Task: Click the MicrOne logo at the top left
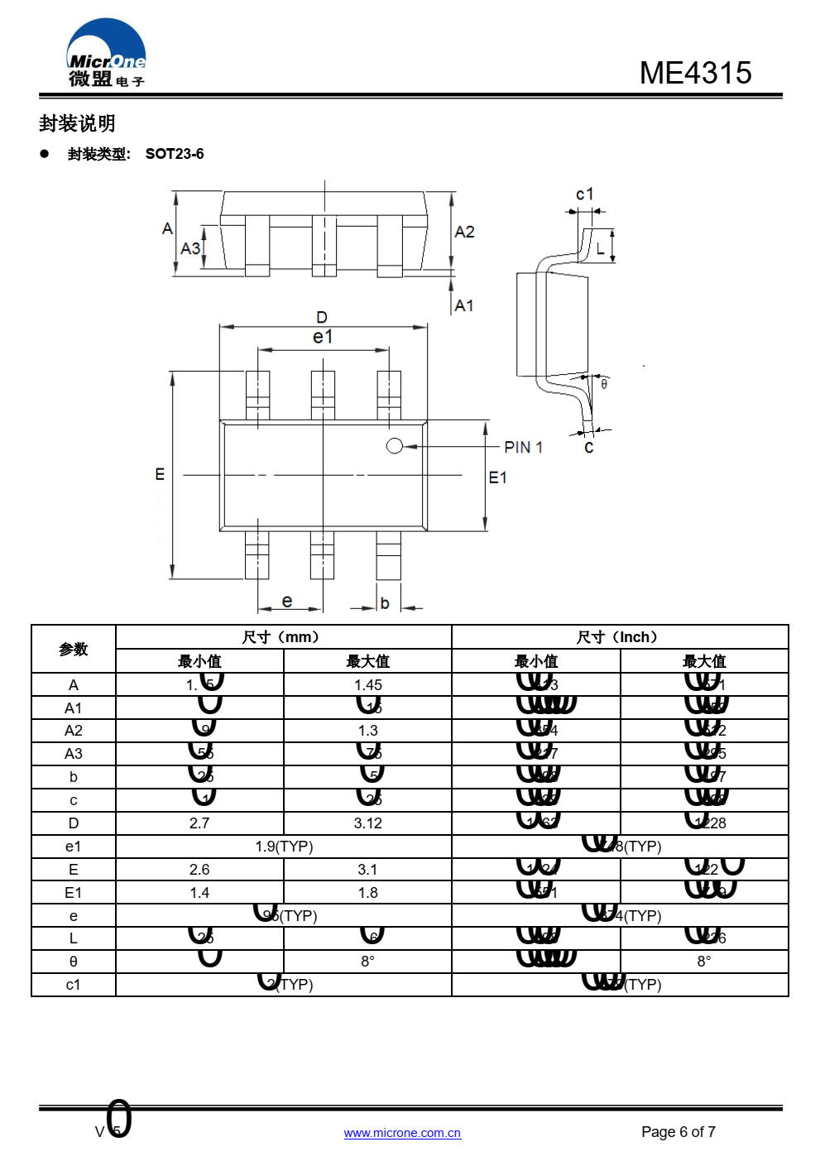pyautogui.click(x=106, y=54)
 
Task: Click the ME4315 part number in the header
pyautogui.click(x=695, y=73)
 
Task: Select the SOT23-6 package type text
pyautogui.click(x=175, y=154)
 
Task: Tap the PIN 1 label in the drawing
pyautogui.click(x=523, y=447)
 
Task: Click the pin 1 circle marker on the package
pyautogui.click(x=395, y=446)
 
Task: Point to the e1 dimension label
pyautogui.click(x=323, y=337)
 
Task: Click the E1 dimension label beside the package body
pyautogui.click(x=497, y=477)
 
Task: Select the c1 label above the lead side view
pyautogui.click(x=584, y=194)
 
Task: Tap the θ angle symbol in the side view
pyautogui.click(x=604, y=384)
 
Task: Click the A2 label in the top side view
pyautogui.click(x=464, y=232)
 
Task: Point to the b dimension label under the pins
pyautogui.click(x=385, y=603)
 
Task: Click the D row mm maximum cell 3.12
pyautogui.click(x=367, y=823)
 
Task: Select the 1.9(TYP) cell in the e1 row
pyautogui.click(x=284, y=847)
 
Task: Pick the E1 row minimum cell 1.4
pyautogui.click(x=199, y=893)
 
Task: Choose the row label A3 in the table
pyautogui.click(x=74, y=754)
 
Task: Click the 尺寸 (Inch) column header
pyautogui.click(x=619, y=637)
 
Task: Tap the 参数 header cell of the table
pyautogui.click(x=74, y=650)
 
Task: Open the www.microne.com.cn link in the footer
pyautogui.click(x=402, y=1133)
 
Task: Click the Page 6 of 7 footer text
pyautogui.click(x=678, y=1132)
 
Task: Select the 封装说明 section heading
pyautogui.click(x=77, y=124)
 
